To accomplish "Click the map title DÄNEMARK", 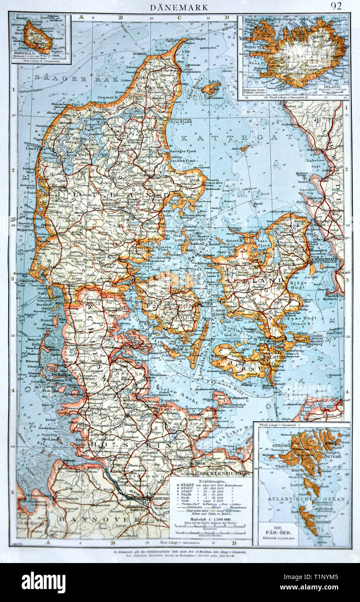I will (179, 7).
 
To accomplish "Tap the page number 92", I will (337, 6).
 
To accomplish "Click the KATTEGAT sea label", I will (236, 138).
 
